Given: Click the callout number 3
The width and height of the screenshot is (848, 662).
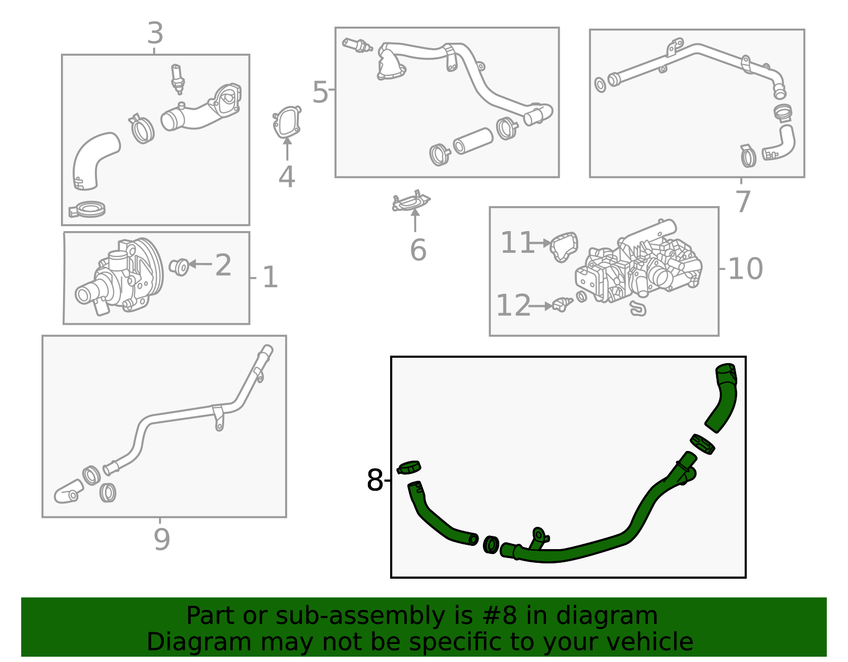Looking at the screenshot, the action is [x=155, y=33].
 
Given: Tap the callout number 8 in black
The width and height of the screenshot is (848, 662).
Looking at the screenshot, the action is [x=374, y=481].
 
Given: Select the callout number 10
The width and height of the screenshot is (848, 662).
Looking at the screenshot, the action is [x=745, y=269].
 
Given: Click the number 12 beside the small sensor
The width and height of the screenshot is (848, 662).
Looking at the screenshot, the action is [x=513, y=306].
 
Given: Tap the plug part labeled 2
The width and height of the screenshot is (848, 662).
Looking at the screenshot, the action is [x=180, y=266].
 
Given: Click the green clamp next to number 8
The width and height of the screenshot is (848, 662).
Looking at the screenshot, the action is [x=409, y=467].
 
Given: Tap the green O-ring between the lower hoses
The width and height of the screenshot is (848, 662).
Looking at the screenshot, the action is [x=491, y=544].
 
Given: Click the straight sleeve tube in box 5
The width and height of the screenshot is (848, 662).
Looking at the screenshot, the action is [x=473, y=141].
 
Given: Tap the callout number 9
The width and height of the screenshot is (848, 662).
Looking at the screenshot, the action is [x=162, y=540].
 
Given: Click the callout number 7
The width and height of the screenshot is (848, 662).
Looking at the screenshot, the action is [x=743, y=201].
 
